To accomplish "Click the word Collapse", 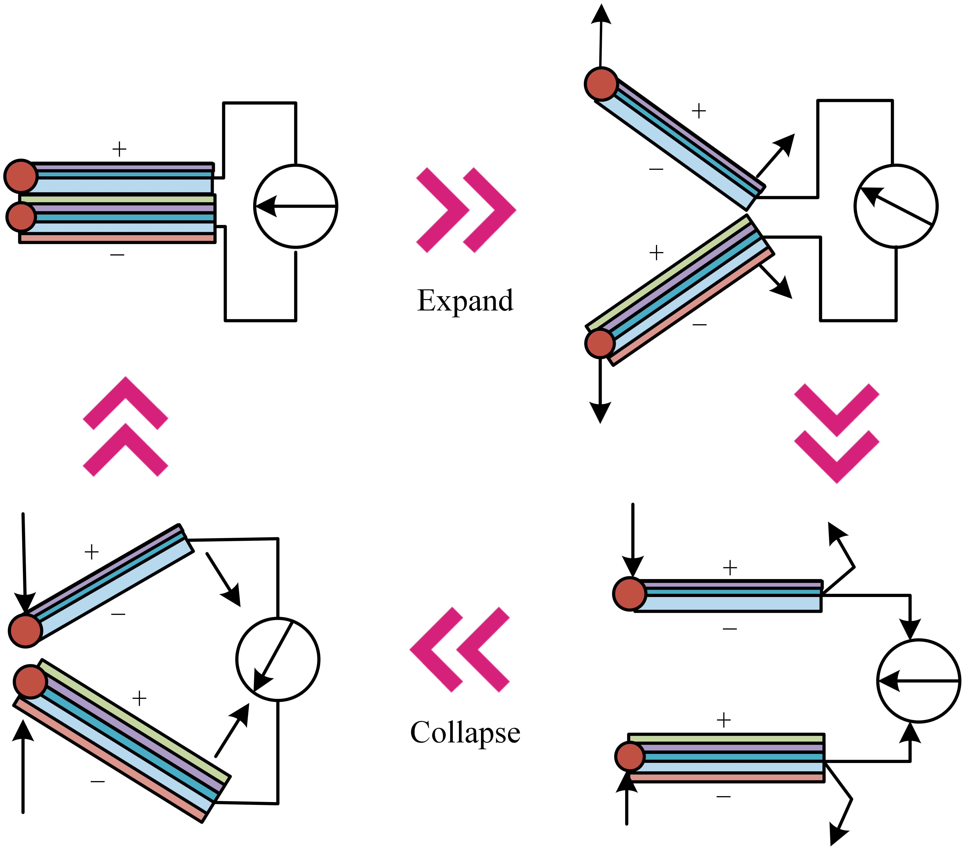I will pyautogui.click(x=465, y=733).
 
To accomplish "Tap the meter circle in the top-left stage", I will pyautogui.click(x=296, y=206).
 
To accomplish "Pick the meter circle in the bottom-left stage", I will pyautogui.click(x=278, y=659).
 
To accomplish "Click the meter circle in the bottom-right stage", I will pyautogui.click(x=919, y=681).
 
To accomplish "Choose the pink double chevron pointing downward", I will pyautogui.click(x=837, y=433).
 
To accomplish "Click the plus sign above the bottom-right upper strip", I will pyautogui.click(x=730, y=567).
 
